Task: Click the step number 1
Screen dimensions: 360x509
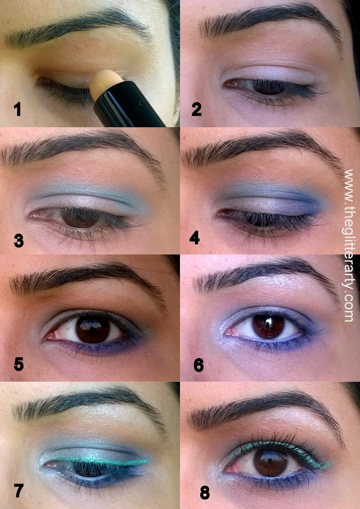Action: click(17, 109)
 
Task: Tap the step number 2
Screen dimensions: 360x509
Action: click(196, 109)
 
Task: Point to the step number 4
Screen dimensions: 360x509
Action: click(195, 237)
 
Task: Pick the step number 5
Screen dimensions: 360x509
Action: click(19, 364)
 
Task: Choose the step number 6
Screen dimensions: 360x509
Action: click(199, 365)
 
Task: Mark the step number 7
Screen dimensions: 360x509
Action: click(18, 489)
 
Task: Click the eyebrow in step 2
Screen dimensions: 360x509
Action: click(271, 22)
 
